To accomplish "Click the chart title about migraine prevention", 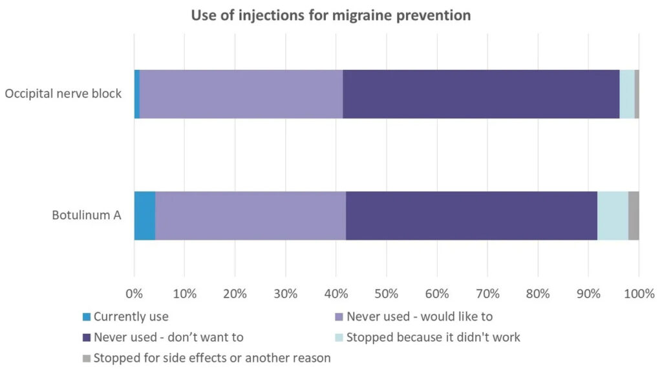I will point(330,15).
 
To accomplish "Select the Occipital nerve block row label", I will point(63,94).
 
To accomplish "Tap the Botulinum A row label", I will point(87,215).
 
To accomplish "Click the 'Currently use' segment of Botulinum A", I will point(145,215).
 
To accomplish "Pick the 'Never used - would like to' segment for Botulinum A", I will point(250,215).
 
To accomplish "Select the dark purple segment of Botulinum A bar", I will point(471,215).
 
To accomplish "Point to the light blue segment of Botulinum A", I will point(612,215).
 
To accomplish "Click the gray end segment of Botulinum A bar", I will point(634,215).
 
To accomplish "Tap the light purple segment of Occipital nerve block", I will point(241,94).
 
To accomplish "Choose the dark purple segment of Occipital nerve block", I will point(481,94).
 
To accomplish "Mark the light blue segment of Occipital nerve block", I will point(626,94).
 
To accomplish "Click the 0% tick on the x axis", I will point(134,293).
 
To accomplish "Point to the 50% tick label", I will point(386,293).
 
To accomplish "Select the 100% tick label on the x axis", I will point(639,293).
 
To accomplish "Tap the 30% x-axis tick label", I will point(285,293).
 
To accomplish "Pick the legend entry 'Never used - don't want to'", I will point(168,337).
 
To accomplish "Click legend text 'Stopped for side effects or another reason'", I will point(212,358).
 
